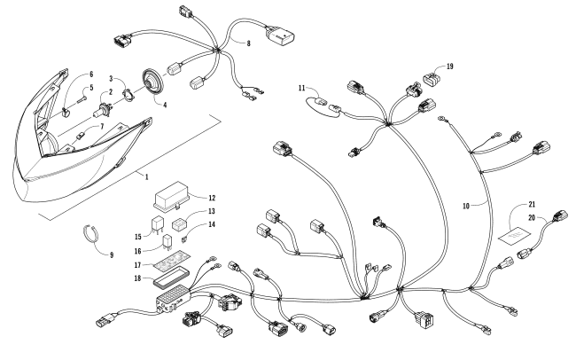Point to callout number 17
pyautogui.click(x=139, y=264)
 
